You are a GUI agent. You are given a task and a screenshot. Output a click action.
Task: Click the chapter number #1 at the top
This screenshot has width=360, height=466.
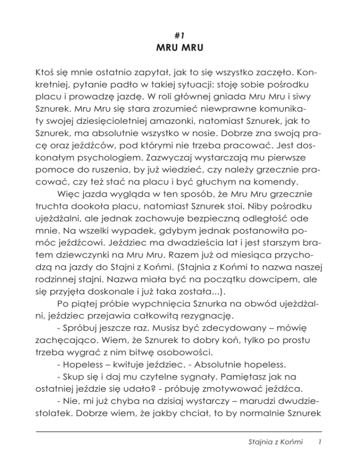point(180,34)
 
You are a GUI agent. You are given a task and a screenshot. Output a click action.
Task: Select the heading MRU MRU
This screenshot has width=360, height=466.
point(180,48)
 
